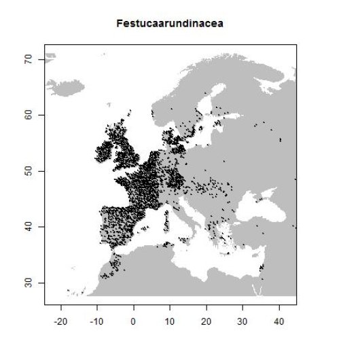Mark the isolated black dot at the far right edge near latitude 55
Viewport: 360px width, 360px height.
coord(281,141)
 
